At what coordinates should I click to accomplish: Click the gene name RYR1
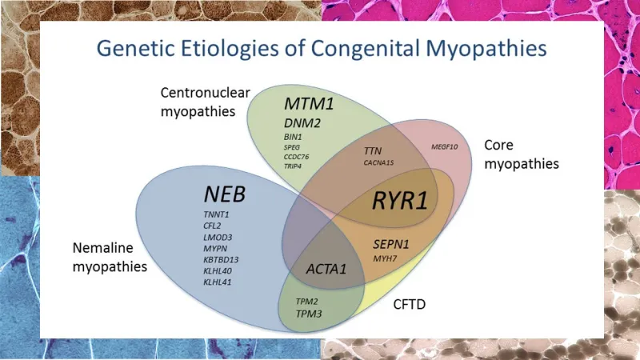tap(399, 200)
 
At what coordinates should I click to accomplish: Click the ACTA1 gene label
tap(326, 269)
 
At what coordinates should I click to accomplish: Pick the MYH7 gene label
tap(387, 258)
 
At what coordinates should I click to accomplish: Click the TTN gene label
tap(373, 150)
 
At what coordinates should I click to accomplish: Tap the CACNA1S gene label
tap(378, 162)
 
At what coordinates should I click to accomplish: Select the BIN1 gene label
tap(292, 137)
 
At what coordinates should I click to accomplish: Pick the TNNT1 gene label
tap(218, 216)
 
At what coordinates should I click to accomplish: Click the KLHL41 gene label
tap(218, 282)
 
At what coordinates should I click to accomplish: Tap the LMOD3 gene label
tap(218, 238)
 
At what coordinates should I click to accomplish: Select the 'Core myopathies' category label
tap(521, 154)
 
